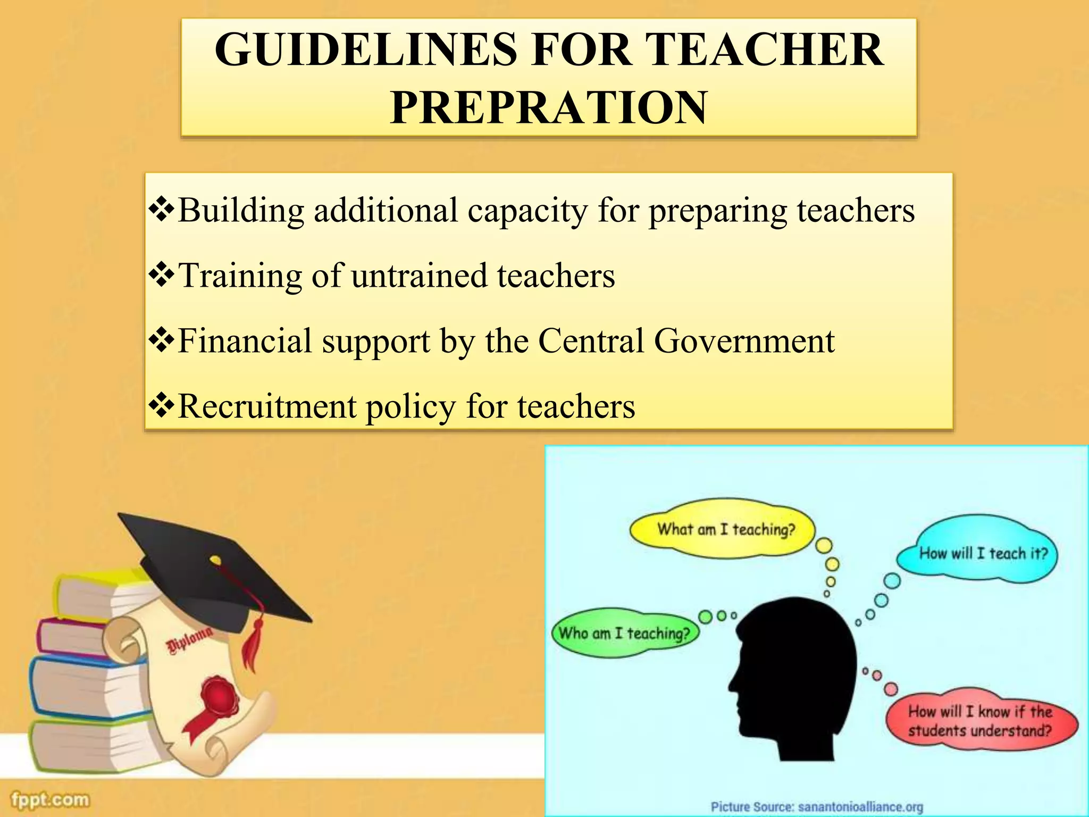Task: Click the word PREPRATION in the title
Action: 549,107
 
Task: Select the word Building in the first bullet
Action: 240,211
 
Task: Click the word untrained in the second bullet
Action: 419,276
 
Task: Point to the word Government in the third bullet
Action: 744,341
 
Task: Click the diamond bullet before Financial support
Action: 161,340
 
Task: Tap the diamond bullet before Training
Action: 161,275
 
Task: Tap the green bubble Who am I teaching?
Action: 624,633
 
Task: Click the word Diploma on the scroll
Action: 190,642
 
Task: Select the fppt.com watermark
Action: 51,799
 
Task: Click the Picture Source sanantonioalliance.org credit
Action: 817,807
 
